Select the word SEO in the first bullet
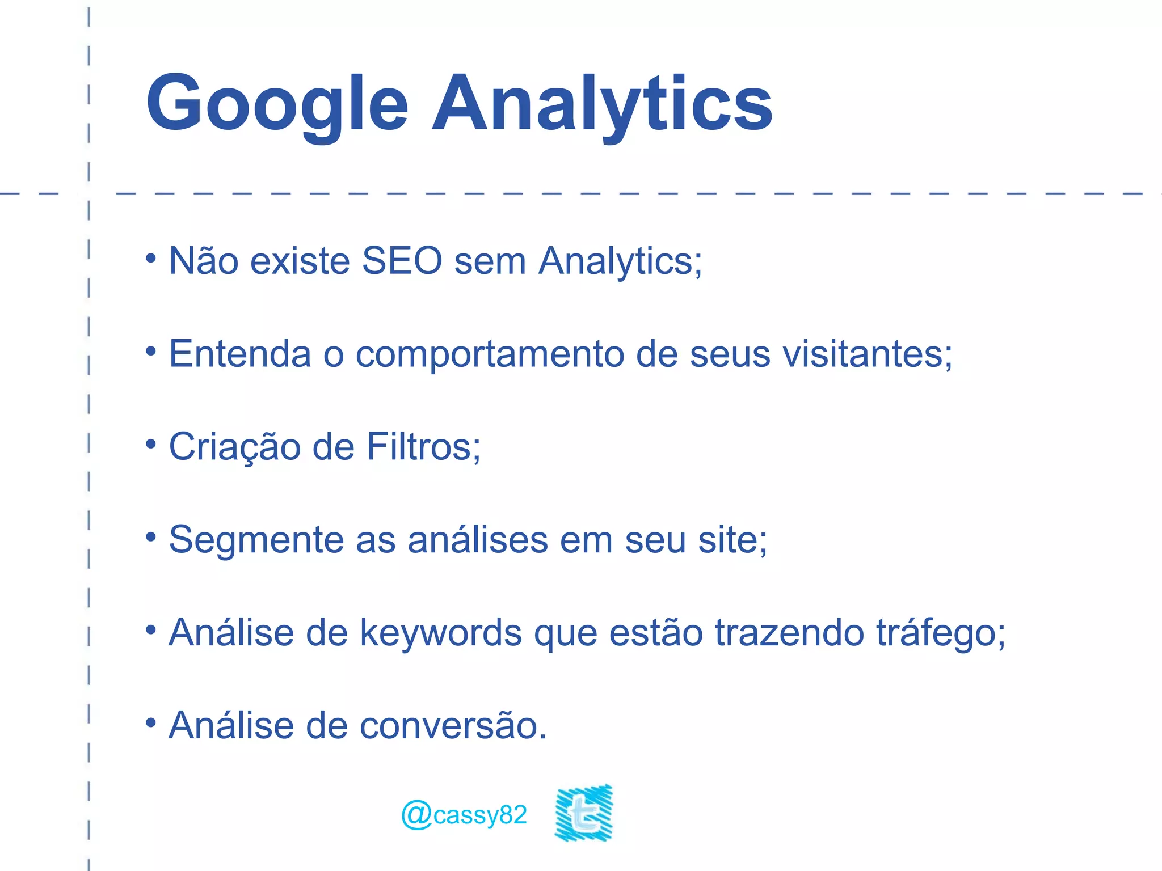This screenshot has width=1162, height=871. [402, 261]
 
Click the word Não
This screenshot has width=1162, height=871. [204, 261]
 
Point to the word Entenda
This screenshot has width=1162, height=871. [240, 354]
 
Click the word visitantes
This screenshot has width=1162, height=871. [866, 354]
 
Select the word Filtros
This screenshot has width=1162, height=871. [423, 447]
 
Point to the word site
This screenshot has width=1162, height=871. [731, 540]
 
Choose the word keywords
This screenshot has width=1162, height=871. [441, 633]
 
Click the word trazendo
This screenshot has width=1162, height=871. [789, 633]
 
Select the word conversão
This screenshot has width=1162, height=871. [453, 726]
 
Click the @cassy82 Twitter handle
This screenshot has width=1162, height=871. [464, 815]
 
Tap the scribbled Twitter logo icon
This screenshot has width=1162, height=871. [584, 813]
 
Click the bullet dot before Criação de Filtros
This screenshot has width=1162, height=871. [150, 444]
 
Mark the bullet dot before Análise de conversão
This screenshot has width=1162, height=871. [150, 723]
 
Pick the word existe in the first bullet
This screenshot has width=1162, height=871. [300, 261]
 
